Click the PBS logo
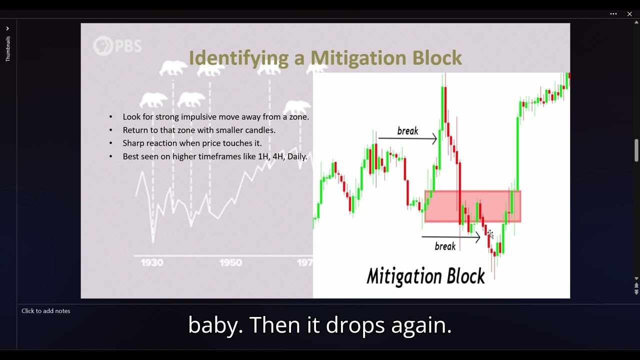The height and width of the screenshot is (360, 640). (117, 46)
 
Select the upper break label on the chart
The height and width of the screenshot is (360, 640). (407, 131)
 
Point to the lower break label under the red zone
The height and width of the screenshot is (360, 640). (445, 246)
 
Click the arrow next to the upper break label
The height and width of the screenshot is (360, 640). (407, 138)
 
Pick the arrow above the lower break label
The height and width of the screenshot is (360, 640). (450, 237)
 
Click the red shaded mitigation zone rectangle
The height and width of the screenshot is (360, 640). (472, 206)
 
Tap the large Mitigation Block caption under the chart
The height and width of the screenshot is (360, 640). (425, 276)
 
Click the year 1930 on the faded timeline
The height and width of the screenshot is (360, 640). (152, 262)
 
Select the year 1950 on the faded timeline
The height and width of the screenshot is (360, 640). (230, 262)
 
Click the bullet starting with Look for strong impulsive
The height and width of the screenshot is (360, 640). (215, 117)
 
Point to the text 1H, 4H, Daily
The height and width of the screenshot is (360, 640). (282, 156)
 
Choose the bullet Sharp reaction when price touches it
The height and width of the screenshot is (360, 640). (192, 143)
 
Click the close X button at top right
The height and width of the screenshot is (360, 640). (629, 14)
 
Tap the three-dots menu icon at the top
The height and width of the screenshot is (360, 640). (613, 14)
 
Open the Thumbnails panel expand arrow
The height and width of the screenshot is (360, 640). (7, 28)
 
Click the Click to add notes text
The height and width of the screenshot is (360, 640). (46, 311)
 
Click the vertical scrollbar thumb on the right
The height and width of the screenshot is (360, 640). (636, 150)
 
